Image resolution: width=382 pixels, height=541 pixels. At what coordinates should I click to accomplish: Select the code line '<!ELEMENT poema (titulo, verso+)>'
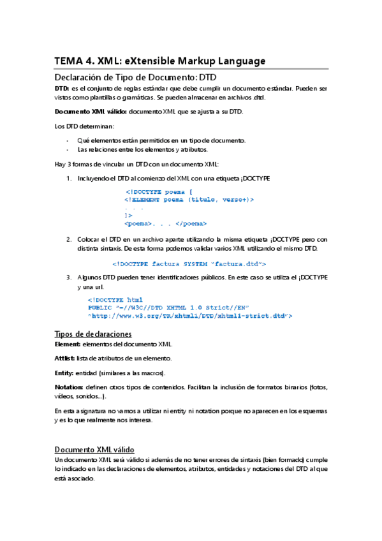[189, 200]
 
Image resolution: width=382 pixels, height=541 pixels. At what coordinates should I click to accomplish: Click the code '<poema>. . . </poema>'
[166, 223]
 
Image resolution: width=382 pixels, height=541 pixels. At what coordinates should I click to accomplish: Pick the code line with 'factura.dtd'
[189, 263]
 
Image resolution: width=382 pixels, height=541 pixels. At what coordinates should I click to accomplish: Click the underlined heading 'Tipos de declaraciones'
[93, 334]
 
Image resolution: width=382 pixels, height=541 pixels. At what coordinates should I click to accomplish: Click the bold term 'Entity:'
[64, 373]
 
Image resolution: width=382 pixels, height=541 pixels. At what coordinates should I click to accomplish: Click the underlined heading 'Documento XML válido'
[94, 449]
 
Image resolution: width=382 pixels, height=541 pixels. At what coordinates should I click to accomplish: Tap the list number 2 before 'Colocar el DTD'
[69, 239]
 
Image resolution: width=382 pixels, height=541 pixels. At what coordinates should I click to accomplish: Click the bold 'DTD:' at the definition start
[62, 88]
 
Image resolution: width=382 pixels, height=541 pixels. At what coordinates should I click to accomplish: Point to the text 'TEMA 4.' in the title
[75, 61]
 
